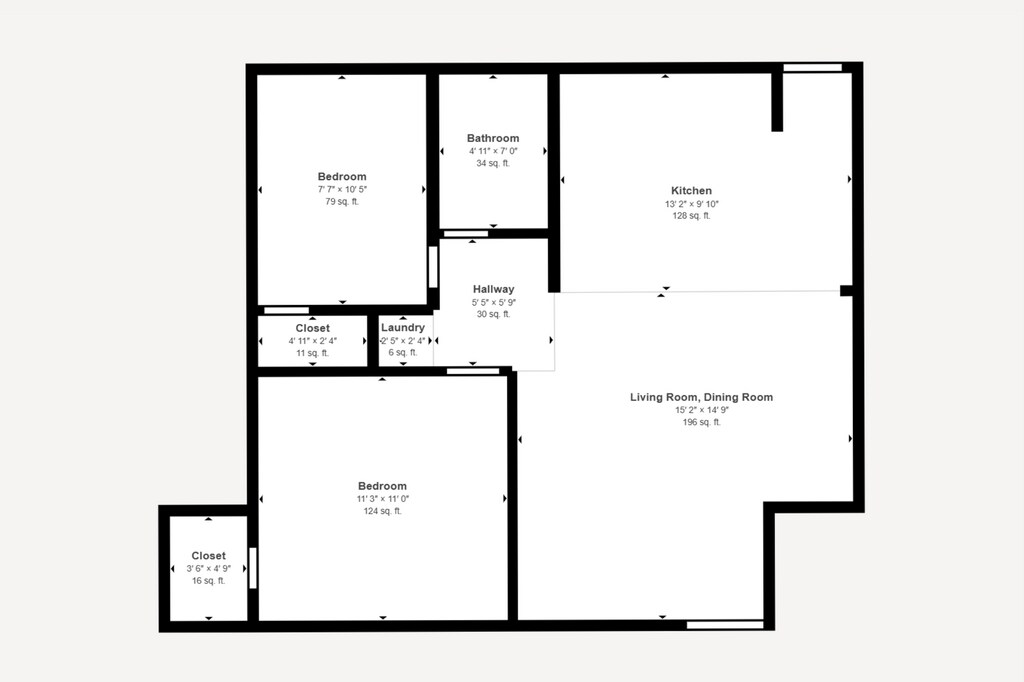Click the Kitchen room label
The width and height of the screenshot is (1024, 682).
point(692,191)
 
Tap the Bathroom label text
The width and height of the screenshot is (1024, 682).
point(493,138)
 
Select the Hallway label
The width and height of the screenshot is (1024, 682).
point(494,289)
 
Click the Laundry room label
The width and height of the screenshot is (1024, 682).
point(403,327)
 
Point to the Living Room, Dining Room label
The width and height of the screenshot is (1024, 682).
point(701,397)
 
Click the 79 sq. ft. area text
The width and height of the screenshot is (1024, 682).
point(342,202)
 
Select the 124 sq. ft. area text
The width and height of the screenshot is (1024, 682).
point(383,512)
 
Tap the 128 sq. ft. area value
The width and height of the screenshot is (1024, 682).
point(692,216)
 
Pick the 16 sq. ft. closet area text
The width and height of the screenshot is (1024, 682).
point(209,581)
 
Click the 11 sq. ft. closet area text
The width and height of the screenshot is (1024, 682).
point(313,353)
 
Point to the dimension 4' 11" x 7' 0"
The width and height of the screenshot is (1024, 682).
point(493,151)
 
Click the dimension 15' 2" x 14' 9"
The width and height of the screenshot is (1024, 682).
point(702,410)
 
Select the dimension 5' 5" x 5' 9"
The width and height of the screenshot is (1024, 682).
point(494,302)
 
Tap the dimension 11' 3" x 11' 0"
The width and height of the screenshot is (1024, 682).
point(383,499)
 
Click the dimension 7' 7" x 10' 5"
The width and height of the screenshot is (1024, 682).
point(342,189)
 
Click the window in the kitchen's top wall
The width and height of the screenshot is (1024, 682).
point(812,67)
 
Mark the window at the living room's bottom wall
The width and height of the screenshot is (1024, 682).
point(725,625)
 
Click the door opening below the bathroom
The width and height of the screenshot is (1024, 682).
point(466,234)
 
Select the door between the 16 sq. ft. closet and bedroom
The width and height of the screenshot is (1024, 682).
point(253,568)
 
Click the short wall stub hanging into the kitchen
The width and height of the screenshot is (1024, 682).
point(777,102)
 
